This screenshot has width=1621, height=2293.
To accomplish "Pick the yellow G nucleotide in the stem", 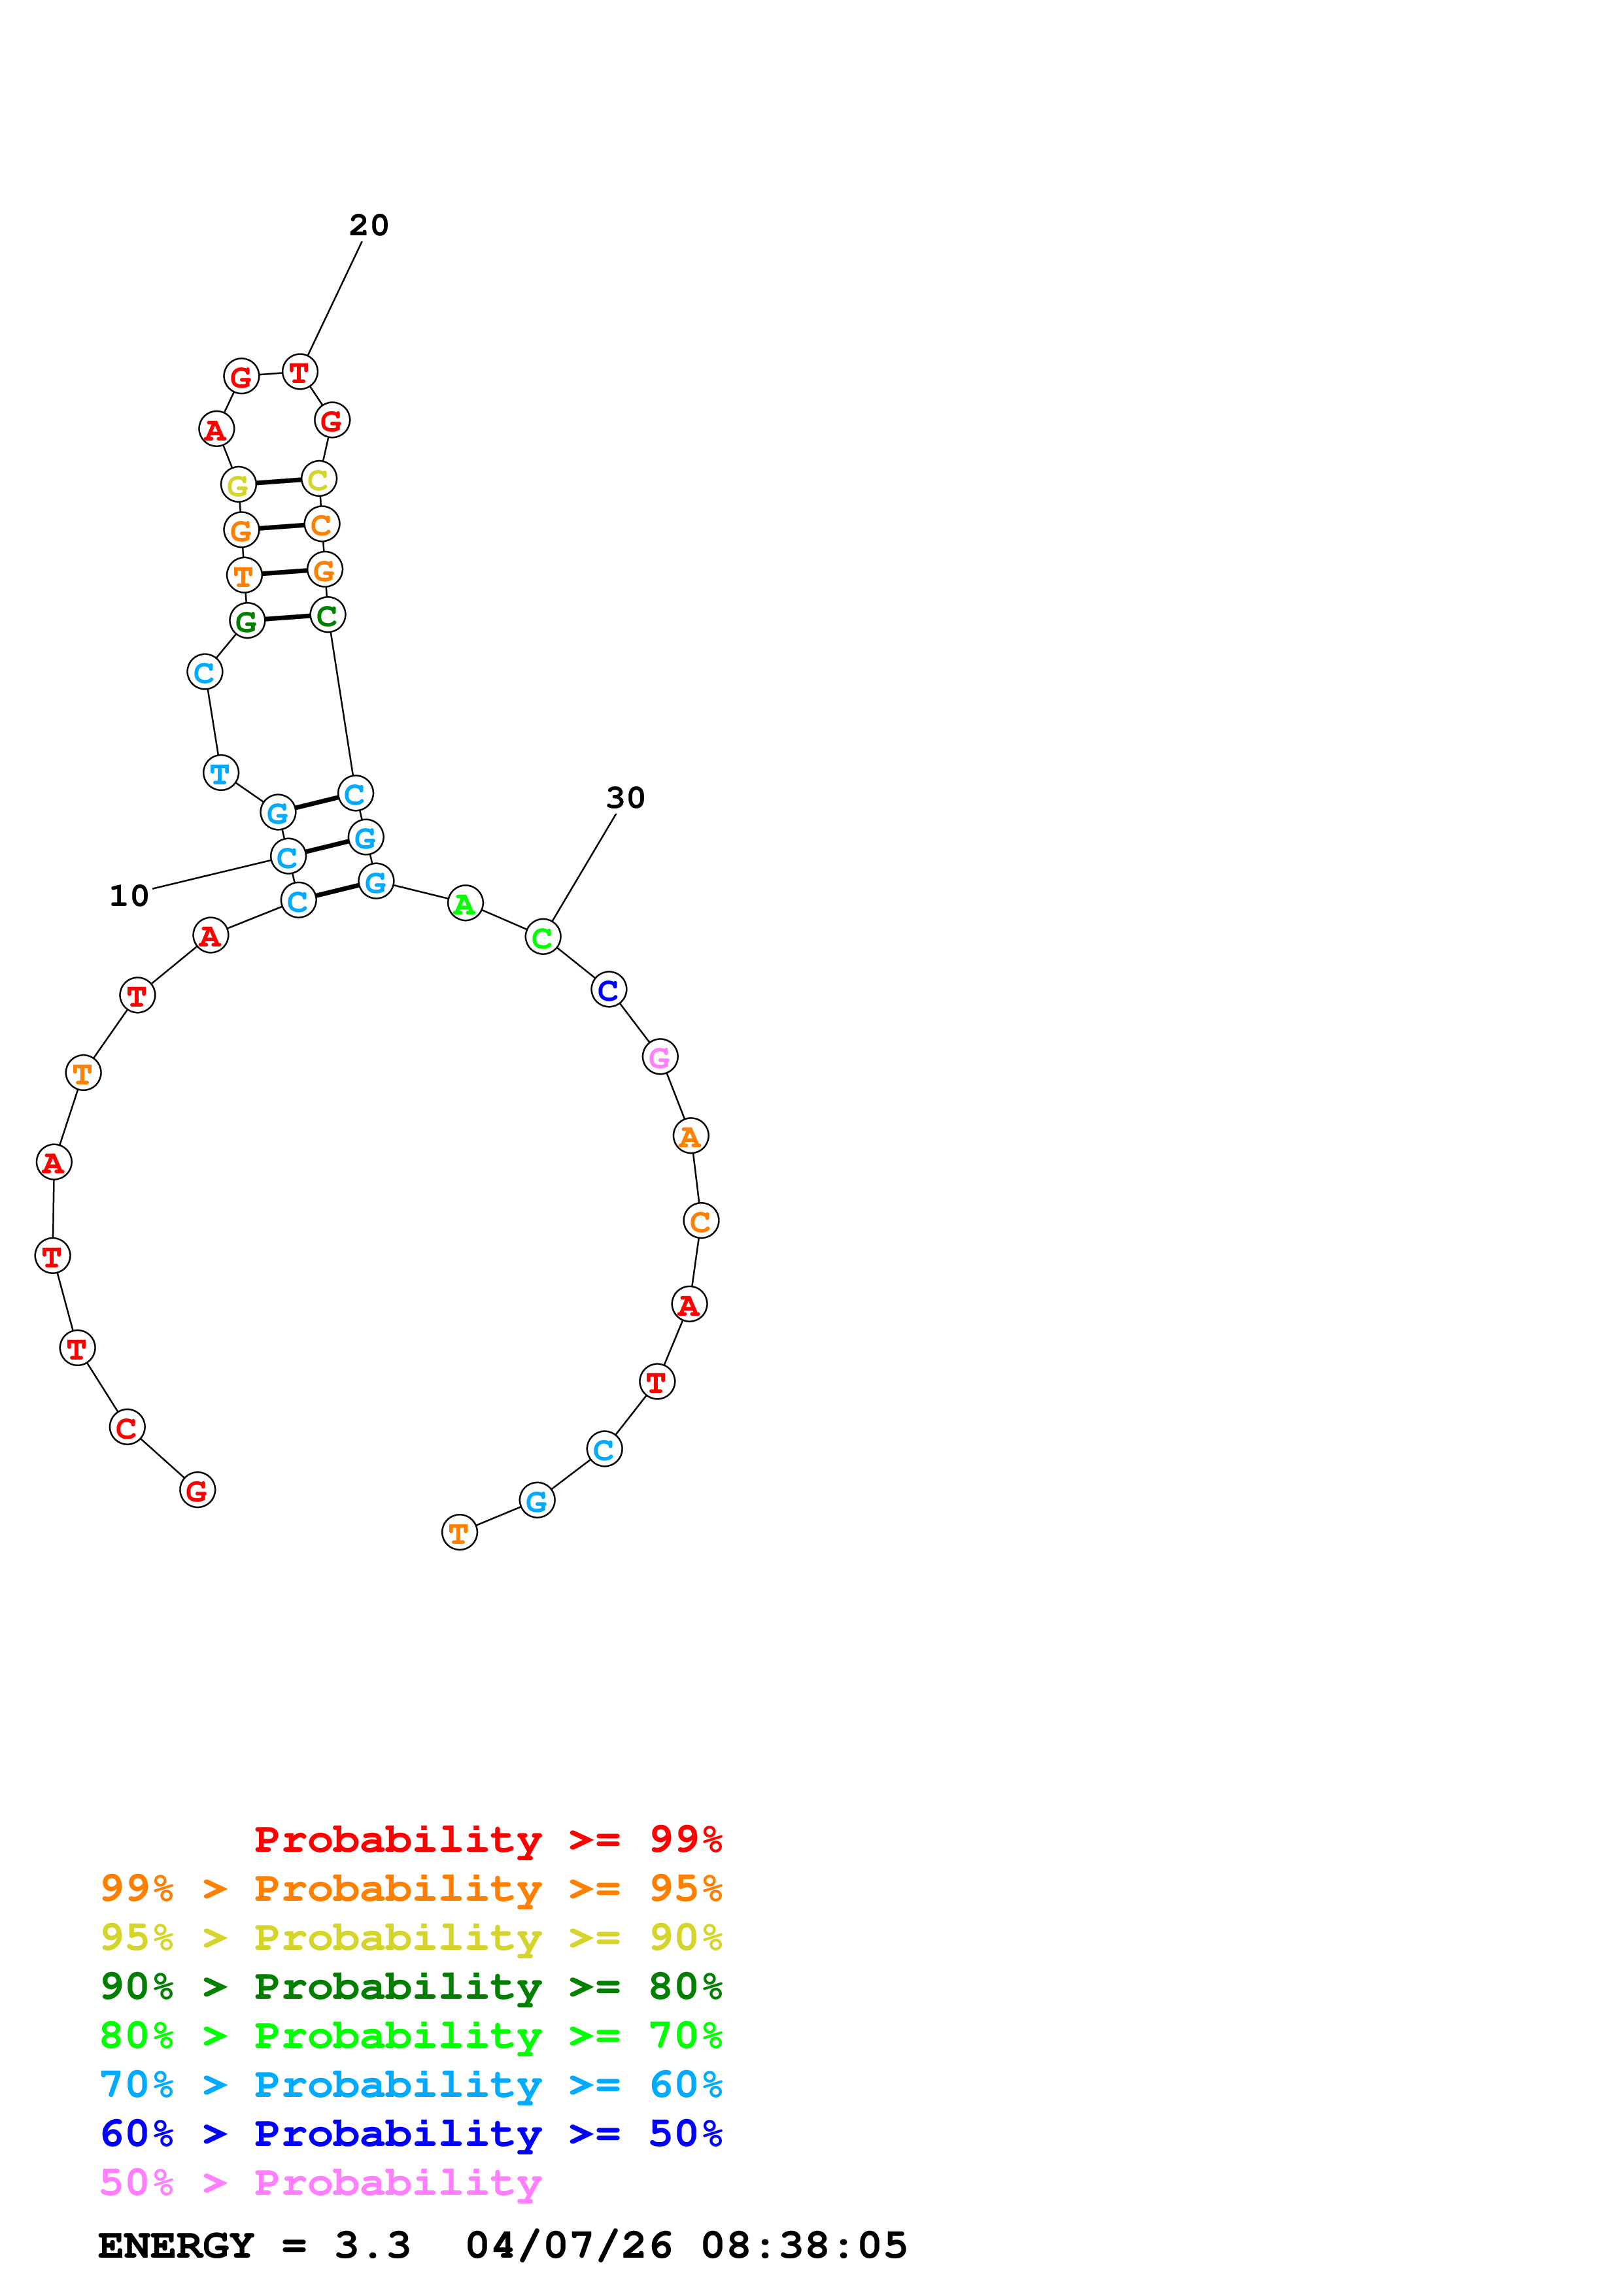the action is pos(238,486).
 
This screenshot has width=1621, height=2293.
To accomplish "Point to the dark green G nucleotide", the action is pos(247,621).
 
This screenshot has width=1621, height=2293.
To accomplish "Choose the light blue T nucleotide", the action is pos(221,773).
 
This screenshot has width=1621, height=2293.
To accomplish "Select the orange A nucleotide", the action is pos(690,1137).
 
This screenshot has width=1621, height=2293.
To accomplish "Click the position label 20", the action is pos(369,226).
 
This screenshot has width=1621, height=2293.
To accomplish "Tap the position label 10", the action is pos(129,896).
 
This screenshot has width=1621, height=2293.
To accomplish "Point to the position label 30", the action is pos(625,798).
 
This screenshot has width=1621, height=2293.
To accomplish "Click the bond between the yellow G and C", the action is pos(279,482).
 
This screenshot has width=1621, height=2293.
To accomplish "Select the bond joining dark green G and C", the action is pos(286,618).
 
